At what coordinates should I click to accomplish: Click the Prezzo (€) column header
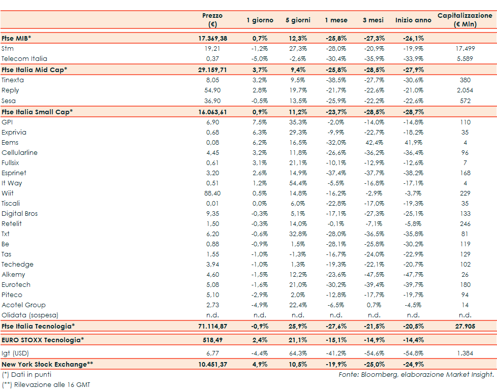point(212,20)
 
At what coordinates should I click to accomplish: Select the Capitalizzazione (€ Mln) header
point(464,20)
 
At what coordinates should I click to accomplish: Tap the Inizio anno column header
point(413,20)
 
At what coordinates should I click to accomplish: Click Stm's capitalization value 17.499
point(465,48)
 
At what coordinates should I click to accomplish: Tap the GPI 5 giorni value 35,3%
point(298,122)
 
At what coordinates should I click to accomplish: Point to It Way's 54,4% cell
point(298,183)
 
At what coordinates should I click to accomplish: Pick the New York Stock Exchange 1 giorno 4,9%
point(260,364)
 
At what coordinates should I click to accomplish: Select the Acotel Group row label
point(23,305)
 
